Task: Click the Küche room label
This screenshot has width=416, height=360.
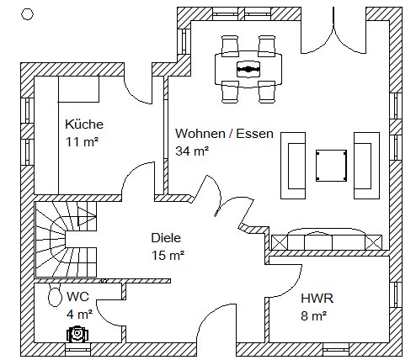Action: [x=84, y=124]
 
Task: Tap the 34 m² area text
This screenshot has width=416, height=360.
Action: [x=192, y=151]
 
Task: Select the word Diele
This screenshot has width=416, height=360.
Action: [x=166, y=238]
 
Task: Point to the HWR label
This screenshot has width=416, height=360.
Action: [x=317, y=299]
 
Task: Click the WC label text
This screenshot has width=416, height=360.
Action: [x=77, y=296]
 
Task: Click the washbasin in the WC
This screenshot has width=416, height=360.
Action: [x=77, y=334]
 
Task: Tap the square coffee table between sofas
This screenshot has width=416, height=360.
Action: [x=331, y=166]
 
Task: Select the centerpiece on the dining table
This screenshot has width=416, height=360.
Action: [x=248, y=69]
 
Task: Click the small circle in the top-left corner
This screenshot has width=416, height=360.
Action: [x=28, y=14]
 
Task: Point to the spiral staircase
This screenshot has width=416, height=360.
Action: [x=66, y=240]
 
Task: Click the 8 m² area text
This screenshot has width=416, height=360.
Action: [x=314, y=316]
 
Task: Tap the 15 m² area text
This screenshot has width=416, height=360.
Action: [x=168, y=256]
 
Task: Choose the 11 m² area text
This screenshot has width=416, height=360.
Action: [x=82, y=142]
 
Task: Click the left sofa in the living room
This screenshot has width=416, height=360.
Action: [x=293, y=166]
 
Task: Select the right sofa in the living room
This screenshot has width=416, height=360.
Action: [x=366, y=166]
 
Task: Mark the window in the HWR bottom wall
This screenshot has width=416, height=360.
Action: [x=336, y=350]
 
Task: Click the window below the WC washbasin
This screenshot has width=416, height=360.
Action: [x=78, y=349]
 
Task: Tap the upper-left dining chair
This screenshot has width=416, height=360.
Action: [x=230, y=46]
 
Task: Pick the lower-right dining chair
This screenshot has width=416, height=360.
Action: [x=267, y=92]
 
